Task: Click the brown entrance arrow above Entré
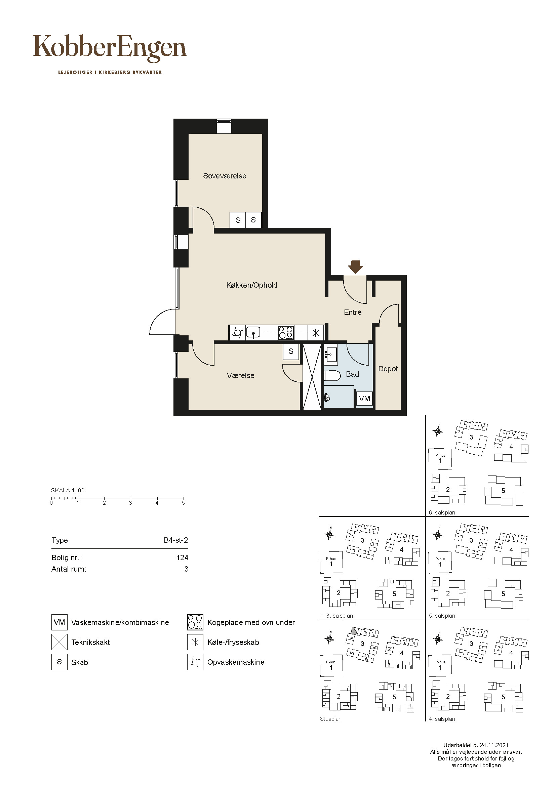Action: (356, 267)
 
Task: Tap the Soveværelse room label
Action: (225, 176)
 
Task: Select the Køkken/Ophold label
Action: (252, 285)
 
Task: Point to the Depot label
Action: (388, 369)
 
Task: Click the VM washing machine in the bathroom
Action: (364, 399)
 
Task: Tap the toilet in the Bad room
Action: (332, 376)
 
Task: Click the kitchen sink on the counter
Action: (253, 332)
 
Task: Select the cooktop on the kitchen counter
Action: (286, 332)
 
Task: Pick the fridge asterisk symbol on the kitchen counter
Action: (316, 333)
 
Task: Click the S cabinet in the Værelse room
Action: (291, 351)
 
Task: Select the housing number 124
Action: (182, 558)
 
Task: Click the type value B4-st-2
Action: (176, 540)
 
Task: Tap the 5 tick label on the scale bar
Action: (183, 503)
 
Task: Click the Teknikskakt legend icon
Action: (59, 642)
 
